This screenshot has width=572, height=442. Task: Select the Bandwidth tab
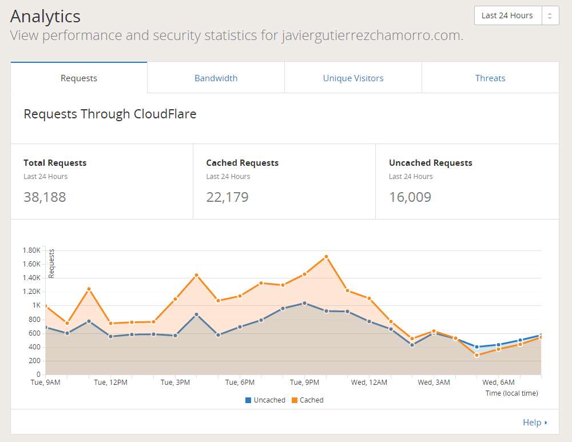click(216, 78)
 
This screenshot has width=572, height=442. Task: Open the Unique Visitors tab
click(353, 78)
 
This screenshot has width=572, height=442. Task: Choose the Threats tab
click(490, 78)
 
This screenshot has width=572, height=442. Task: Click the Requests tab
click(79, 78)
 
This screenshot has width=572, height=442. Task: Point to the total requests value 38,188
click(45, 197)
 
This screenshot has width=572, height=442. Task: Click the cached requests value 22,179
click(227, 197)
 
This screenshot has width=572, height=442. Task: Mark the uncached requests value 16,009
click(410, 197)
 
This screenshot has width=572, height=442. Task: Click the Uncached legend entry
click(265, 400)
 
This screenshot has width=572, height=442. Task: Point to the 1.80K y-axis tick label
click(31, 250)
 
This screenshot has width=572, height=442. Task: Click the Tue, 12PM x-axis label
click(110, 382)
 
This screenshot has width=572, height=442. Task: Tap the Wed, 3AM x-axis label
click(434, 382)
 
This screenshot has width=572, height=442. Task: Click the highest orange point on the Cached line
click(326, 257)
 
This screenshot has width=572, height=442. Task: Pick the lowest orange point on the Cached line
click(476, 355)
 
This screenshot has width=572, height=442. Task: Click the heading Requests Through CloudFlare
click(110, 114)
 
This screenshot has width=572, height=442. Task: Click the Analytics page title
click(45, 16)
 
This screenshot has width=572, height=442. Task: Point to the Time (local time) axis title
click(511, 393)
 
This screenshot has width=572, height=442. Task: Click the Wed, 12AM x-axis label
click(369, 382)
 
